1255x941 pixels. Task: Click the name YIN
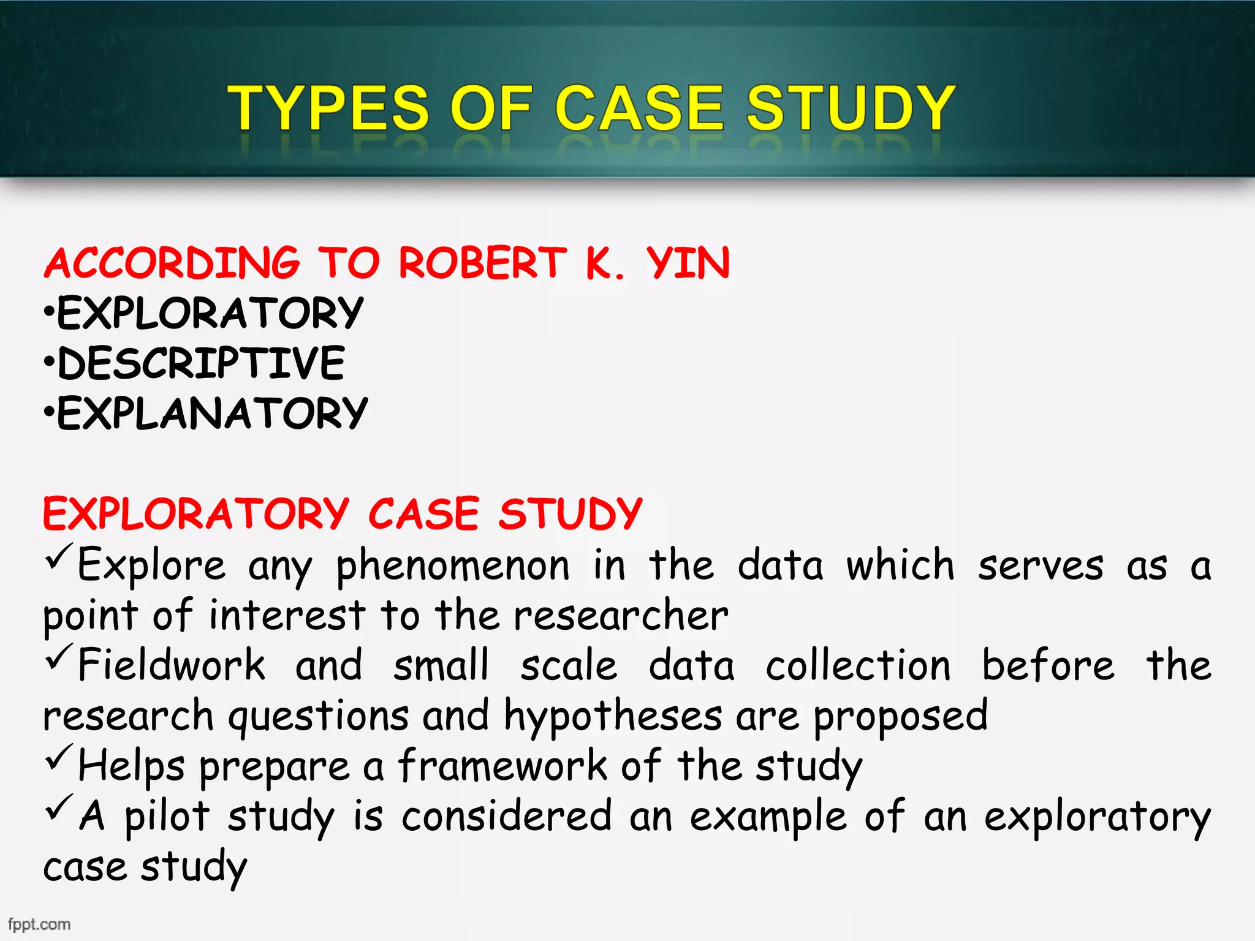tap(688, 263)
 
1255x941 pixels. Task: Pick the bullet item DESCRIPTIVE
tap(201, 363)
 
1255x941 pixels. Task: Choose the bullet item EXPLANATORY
tap(212, 414)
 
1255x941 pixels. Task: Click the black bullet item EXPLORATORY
tap(210, 313)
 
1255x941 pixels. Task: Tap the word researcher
tap(621, 616)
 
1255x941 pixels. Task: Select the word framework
tap(502, 766)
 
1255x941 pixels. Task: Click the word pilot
tap(167, 816)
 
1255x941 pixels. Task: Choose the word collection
tap(858, 666)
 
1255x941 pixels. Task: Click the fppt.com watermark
tap(39, 924)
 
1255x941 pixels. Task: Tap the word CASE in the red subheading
tap(423, 513)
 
